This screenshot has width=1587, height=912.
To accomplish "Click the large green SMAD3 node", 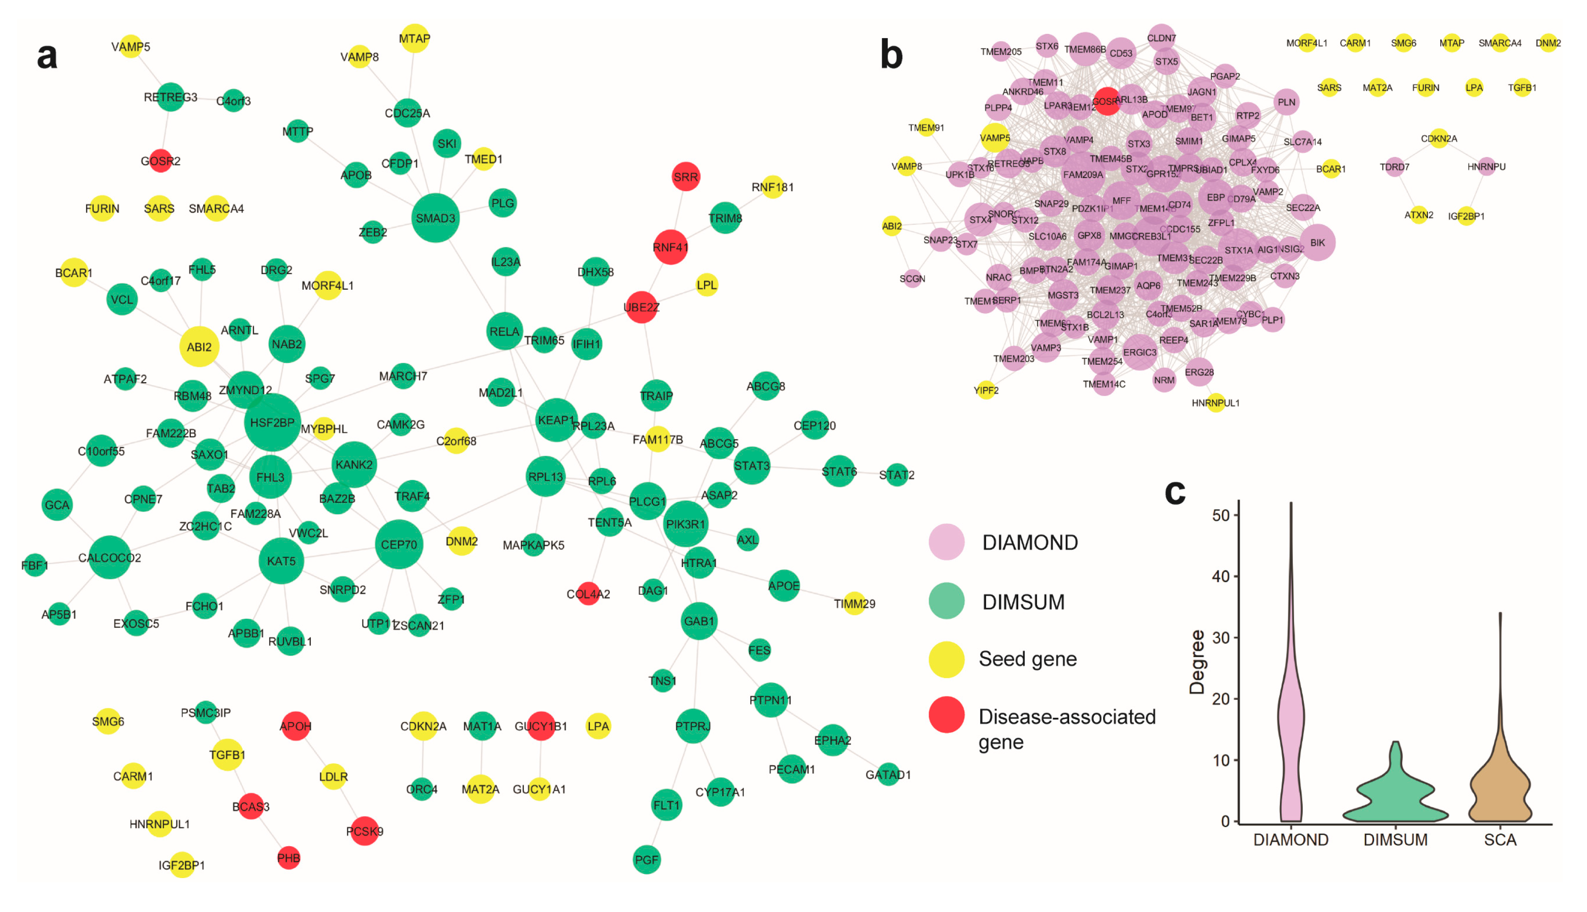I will [435, 218].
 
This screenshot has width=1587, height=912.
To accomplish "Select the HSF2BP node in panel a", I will [272, 423].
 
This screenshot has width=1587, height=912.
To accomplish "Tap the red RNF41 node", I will [670, 247].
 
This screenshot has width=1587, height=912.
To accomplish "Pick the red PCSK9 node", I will [364, 831].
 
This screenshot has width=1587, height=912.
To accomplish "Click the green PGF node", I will [646, 860].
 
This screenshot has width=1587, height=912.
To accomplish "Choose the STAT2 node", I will [897, 475].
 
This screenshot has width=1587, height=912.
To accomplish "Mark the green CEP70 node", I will [399, 544].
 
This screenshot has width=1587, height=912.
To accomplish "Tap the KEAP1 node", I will [556, 420].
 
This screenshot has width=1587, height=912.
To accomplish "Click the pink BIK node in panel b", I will [1317, 242].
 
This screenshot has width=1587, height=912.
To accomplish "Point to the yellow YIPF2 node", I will [986, 390].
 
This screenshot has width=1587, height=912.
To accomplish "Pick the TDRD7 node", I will [1394, 167].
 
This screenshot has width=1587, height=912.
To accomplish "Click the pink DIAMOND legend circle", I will [946, 542].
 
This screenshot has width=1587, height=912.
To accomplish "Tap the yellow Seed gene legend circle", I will [946, 659].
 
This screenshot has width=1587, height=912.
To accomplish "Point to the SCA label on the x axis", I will [1500, 840].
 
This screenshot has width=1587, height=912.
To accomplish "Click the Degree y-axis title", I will [1197, 662].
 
